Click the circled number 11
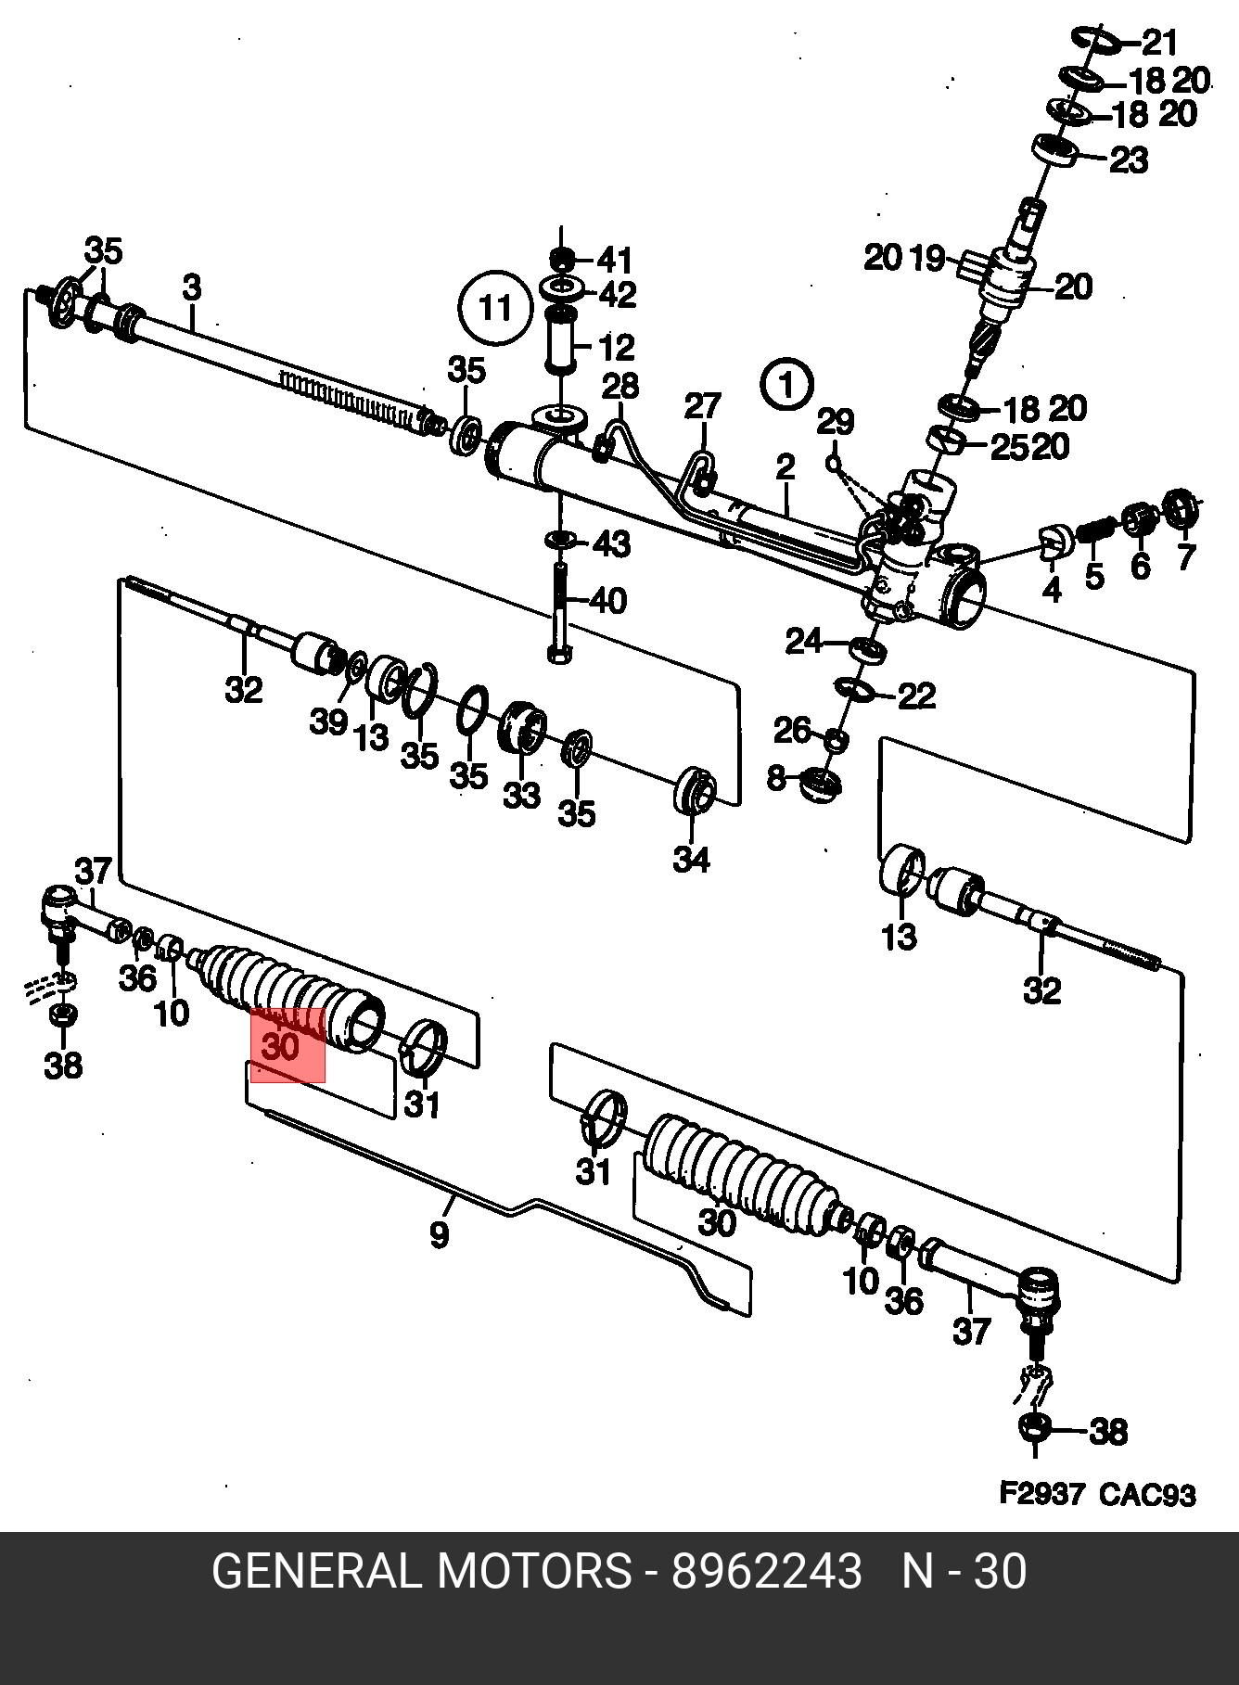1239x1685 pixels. (495, 308)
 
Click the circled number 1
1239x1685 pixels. (786, 384)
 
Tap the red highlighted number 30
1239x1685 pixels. (281, 1048)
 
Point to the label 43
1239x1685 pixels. (612, 543)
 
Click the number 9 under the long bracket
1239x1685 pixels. (440, 1234)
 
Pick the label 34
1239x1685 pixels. (692, 860)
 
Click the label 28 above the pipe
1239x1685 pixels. (620, 386)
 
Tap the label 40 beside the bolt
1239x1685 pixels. (608, 601)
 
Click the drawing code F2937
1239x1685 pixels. (1041, 1494)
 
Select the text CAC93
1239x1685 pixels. (1148, 1494)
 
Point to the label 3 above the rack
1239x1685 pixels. (191, 287)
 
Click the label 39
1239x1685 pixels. (328, 721)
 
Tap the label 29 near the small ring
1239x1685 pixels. (835, 422)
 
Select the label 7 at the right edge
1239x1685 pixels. (1186, 556)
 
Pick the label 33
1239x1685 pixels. (521, 795)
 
